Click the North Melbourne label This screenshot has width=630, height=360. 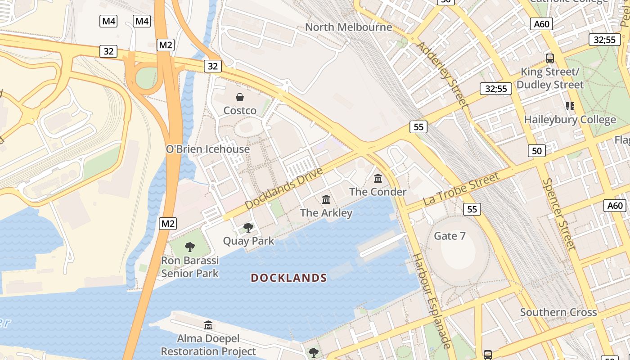tap(349, 27)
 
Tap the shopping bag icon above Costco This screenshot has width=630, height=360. tap(240, 97)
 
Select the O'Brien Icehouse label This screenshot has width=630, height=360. tap(207, 149)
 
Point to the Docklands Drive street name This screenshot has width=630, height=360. tap(284, 189)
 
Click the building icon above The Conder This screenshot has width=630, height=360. tap(378, 179)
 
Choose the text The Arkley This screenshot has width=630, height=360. tap(326, 212)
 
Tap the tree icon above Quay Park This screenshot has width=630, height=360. tap(248, 228)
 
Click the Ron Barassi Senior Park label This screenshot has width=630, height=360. tap(190, 267)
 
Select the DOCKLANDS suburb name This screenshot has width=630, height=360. tap(288, 278)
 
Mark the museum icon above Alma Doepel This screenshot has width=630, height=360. tap(208, 325)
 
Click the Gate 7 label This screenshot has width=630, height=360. tap(450, 236)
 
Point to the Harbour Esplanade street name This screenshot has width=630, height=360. tap(432, 301)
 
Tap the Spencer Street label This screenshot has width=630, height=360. tap(558, 214)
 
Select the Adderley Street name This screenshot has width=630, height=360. tap(442, 74)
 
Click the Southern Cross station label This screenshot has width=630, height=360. tap(558, 312)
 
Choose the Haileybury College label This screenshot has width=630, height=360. tap(570, 120)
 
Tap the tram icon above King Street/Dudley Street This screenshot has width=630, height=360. tap(549, 58)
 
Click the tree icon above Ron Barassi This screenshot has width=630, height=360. tap(190, 247)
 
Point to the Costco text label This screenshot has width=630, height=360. tap(240, 110)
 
